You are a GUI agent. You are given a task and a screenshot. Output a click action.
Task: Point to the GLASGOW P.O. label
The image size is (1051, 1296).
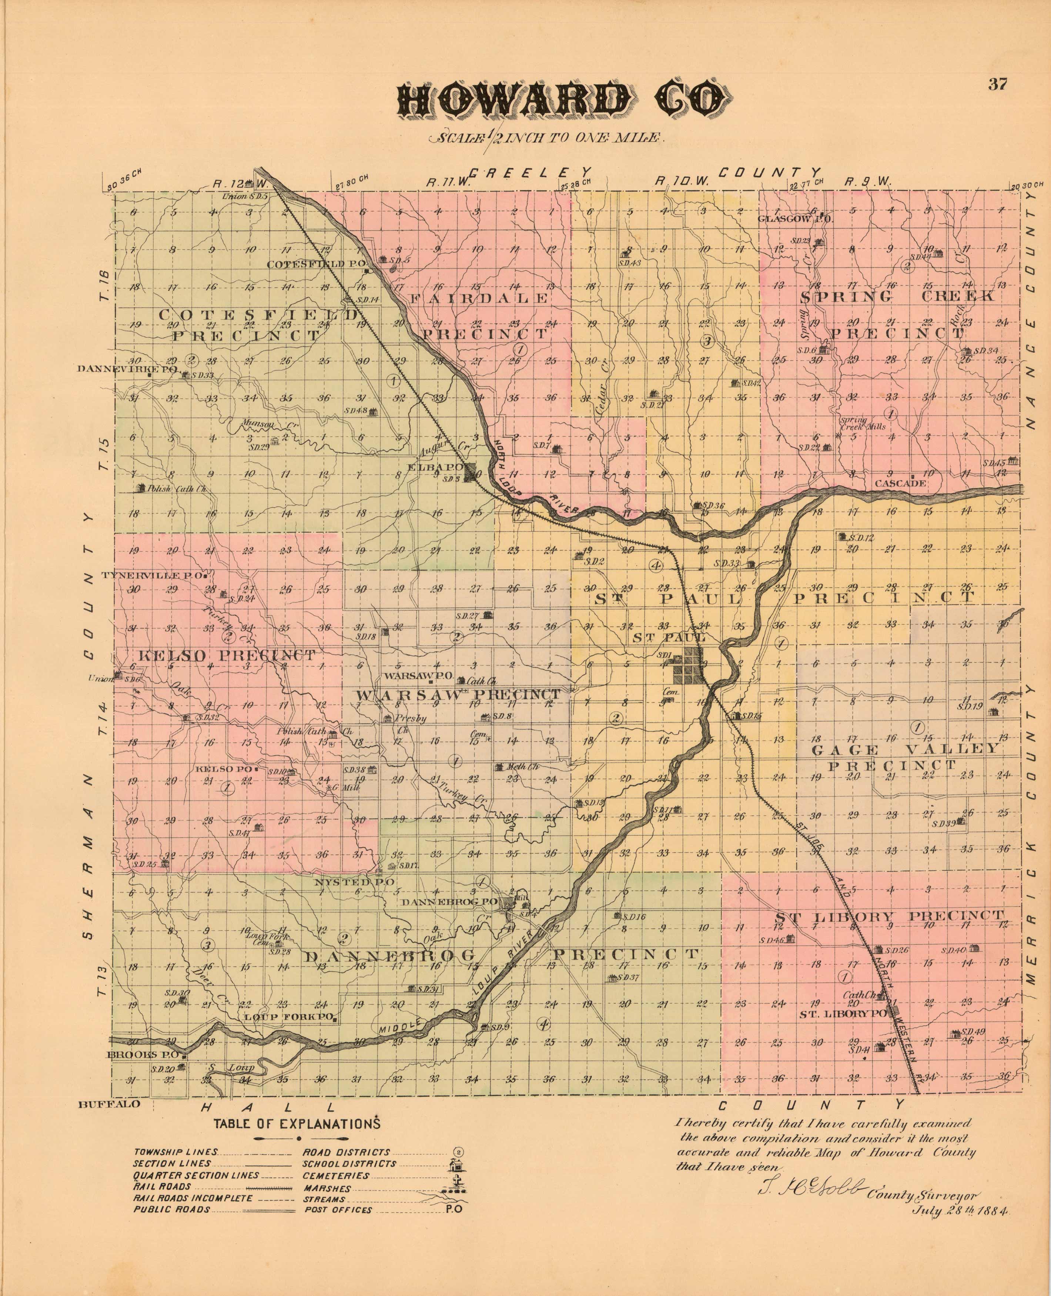(796, 219)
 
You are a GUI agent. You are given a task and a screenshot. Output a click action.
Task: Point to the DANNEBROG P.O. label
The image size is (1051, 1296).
(458, 902)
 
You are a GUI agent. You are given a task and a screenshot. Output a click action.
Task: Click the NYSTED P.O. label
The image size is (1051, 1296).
(354, 882)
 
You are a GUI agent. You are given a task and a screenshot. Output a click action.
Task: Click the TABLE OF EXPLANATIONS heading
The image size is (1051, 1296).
(296, 1123)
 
